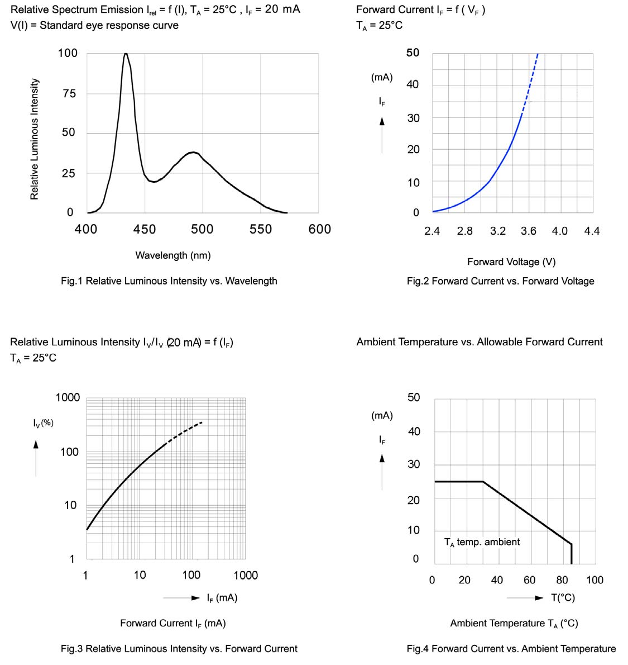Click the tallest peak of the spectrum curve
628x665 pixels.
click(126, 54)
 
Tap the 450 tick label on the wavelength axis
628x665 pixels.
click(145, 229)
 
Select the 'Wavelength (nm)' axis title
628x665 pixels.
click(173, 255)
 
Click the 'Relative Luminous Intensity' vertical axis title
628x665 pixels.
click(35, 139)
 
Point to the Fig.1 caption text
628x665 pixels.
click(169, 281)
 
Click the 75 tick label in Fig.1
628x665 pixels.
click(69, 94)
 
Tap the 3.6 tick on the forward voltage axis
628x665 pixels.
click(529, 231)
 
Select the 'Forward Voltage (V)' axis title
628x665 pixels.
click(511, 262)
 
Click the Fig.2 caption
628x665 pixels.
click(500, 281)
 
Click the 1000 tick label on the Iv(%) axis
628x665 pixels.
click(68, 397)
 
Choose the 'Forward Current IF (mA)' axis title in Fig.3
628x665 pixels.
click(173, 624)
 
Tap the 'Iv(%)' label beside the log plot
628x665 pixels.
click(43, 423)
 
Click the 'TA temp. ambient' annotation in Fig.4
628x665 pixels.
click(482, 542)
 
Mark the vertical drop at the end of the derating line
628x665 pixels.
click(571, 554)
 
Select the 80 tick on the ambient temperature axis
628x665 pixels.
click(562, 580)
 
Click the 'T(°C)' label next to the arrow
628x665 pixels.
click(563, 598)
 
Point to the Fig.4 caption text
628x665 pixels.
click(511, 649)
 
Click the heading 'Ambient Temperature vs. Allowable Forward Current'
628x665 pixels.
click(480, 342)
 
